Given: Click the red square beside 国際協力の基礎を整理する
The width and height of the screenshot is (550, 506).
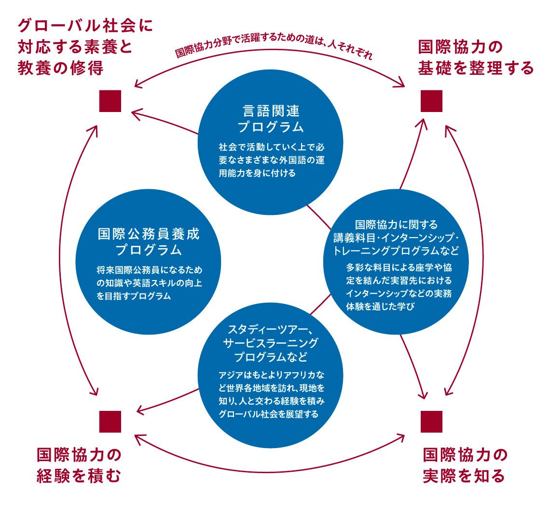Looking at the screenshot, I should pos(431,101).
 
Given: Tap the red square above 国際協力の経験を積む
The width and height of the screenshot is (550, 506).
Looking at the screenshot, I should pos(110,422).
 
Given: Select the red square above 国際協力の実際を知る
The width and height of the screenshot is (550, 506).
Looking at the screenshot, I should pos(431,422).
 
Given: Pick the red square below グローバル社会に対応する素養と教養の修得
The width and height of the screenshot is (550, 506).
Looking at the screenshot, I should pos(110,101).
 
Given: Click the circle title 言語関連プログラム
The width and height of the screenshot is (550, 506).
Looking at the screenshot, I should pos(271,119).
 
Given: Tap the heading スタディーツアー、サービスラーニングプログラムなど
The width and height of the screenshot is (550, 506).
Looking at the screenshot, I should pos(271,343).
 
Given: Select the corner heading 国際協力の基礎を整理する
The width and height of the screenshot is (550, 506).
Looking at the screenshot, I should pos(475,57).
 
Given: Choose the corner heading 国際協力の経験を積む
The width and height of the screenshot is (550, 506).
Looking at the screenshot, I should pos(79,465).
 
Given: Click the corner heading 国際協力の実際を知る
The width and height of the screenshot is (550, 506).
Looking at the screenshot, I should pos(465,465).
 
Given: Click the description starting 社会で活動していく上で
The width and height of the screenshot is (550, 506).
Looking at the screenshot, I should pos(271,159).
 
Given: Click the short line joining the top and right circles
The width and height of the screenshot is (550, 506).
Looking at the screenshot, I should pos(319,216).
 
